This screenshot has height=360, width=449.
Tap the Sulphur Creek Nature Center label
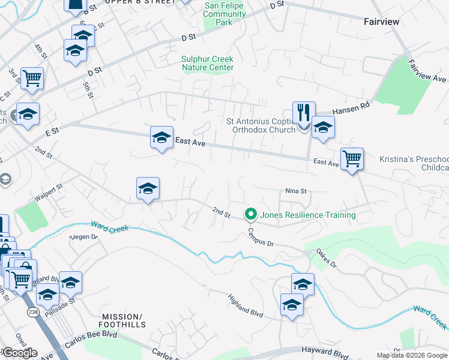207,63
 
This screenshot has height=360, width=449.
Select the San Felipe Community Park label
225,14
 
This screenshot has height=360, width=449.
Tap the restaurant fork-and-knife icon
304,112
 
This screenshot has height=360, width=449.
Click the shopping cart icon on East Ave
352,159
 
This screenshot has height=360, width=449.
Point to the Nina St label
296,191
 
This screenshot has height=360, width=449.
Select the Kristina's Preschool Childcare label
414,164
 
